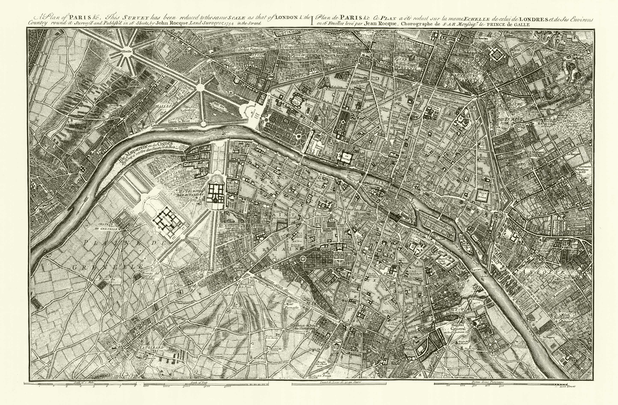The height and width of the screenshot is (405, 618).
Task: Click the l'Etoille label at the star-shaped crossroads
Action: (127, 51)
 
